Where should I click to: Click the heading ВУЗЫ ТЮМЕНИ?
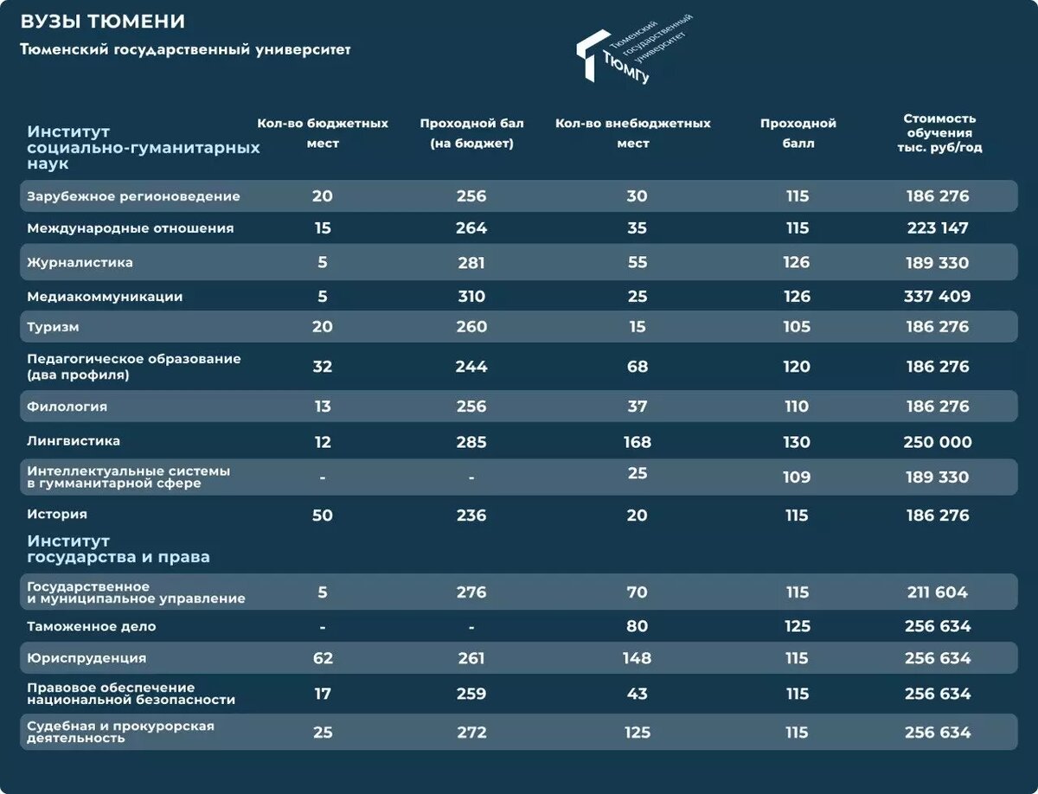102,22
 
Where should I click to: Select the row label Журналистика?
80,262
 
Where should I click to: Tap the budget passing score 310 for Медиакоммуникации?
471,297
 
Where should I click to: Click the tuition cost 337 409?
938,297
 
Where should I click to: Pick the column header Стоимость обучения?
939,133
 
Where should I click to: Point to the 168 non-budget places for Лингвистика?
637,442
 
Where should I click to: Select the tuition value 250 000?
938,442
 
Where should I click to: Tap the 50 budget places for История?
322,515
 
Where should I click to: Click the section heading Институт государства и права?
118,549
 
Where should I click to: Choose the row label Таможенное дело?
91,626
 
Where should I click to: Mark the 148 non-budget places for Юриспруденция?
637,658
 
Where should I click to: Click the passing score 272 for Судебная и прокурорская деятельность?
471,733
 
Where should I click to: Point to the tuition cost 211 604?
938,592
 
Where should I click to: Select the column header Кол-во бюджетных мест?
323,133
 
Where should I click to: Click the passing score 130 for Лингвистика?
797,442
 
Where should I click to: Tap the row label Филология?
67,406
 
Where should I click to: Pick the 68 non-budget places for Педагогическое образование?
637,367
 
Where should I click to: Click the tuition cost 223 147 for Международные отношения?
938,228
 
